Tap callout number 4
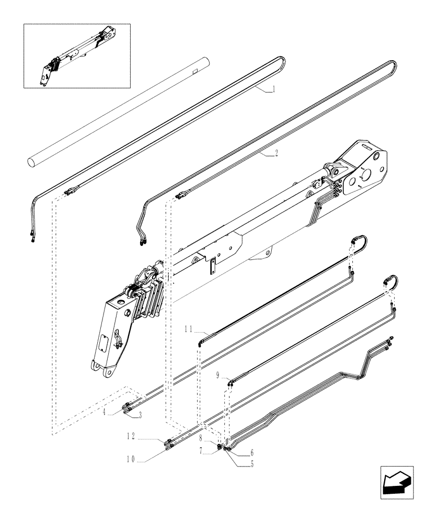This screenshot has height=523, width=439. point(106,412)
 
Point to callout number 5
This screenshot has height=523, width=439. point(253,463)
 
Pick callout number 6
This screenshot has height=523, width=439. point(252,453)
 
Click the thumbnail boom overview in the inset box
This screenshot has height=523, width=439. point(76,55)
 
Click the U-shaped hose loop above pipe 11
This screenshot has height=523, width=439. point(360,241)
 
